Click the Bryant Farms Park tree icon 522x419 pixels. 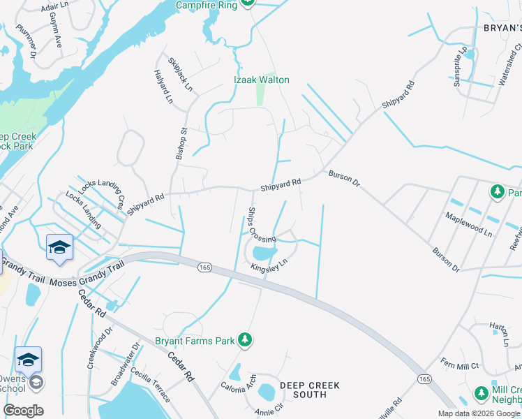point(244,340)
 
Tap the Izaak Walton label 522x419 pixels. point(261,80)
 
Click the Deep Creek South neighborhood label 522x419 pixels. point(309,390)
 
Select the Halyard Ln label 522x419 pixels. point(163,87)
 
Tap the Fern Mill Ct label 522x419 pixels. point(459,365)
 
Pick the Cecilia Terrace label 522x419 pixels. point(149,386)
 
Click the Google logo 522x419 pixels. point(24,411)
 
